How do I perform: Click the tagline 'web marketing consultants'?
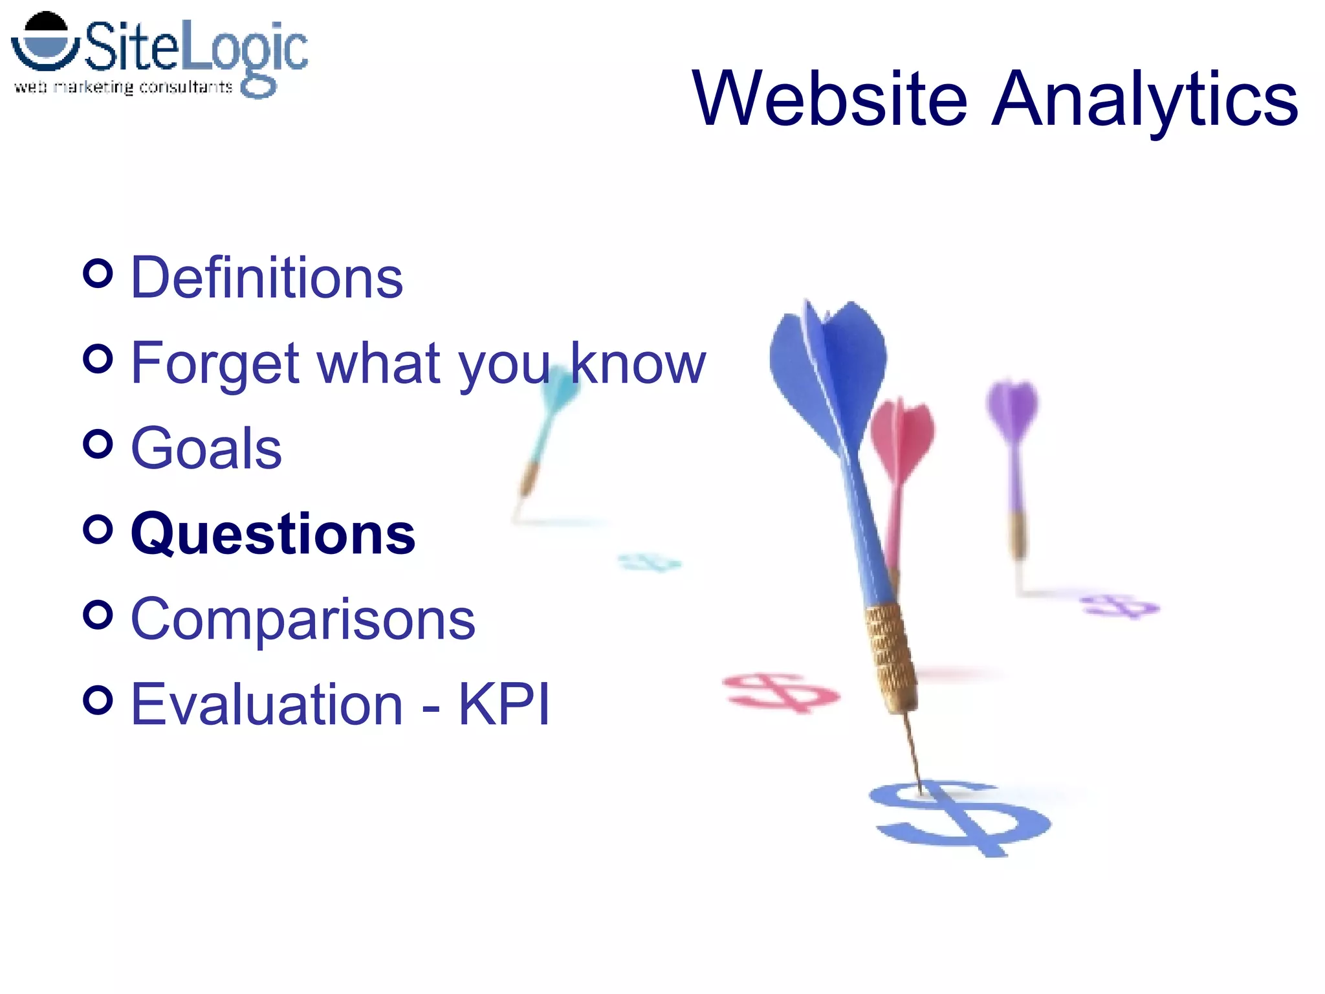123,87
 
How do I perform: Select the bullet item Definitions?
267,278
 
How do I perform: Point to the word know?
637,364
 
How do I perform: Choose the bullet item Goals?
206,448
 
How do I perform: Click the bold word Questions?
273,535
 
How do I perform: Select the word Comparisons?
303,620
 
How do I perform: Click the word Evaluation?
267,705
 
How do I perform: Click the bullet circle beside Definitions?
98,274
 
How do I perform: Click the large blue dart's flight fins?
831,369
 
